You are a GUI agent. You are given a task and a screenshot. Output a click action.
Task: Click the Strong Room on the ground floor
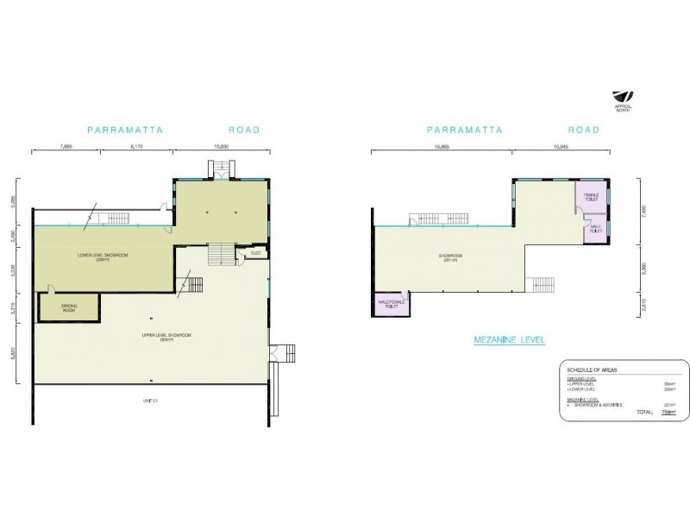[70, 307]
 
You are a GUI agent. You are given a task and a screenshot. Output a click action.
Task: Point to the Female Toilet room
[591, 198]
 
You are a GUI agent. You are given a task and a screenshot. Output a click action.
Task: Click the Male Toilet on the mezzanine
[595, 231]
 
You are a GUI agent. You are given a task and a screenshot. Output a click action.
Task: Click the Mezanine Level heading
[510, 339]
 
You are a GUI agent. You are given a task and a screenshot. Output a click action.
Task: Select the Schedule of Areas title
[593, 369]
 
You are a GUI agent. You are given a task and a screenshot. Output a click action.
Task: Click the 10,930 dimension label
[221, 148]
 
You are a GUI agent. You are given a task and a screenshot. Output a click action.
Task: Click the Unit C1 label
[149, 401]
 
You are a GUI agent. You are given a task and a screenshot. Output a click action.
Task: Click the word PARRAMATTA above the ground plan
[125, 130]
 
